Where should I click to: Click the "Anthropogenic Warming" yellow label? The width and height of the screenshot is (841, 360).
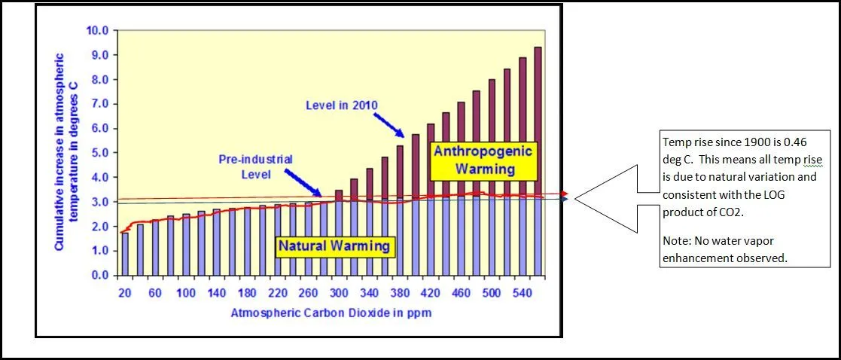point(483,160)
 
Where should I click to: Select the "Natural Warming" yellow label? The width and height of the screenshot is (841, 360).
point(334,246)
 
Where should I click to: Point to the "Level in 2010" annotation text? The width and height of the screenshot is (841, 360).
point(342,105)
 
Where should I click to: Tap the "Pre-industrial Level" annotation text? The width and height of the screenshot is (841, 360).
point(255,166)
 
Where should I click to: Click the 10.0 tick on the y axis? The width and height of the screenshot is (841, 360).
point(99,31)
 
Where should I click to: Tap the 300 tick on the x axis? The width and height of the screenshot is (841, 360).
point(338,292)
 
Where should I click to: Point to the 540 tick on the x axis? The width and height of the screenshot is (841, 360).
point(523,292)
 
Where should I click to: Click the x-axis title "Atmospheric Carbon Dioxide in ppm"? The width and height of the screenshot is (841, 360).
point(331,312)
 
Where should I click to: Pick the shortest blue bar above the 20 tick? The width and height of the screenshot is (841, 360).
point(124,254)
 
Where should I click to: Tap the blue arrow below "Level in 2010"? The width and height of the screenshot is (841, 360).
point(396,123)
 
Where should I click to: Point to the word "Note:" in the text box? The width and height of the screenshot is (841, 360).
point(674,240)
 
